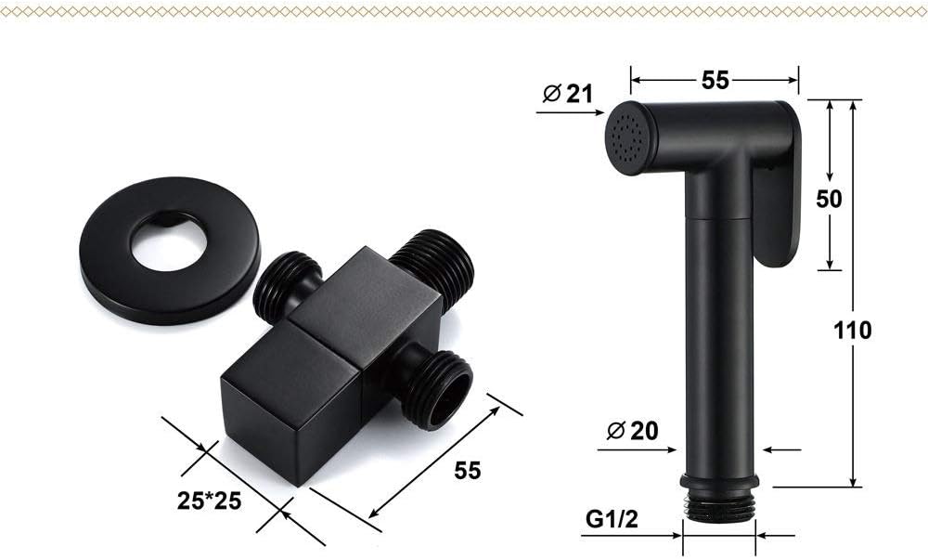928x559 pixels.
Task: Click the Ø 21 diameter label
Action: click(x=567, y=94)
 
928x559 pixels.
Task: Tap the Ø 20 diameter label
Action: click(x=632, y=431)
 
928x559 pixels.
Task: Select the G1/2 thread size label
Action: click(x=612, y=519)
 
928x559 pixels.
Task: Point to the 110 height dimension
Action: click(x=852, y=330)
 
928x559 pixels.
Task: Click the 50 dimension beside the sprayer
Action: click(x=829, y=199)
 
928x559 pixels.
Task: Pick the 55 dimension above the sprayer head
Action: click(x=715, y=80)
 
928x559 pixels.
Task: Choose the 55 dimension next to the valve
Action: click(x=468, y=470)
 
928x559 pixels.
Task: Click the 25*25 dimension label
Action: click(x=209, y=501)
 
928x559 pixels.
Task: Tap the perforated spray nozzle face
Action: click(x=627, y=138)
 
